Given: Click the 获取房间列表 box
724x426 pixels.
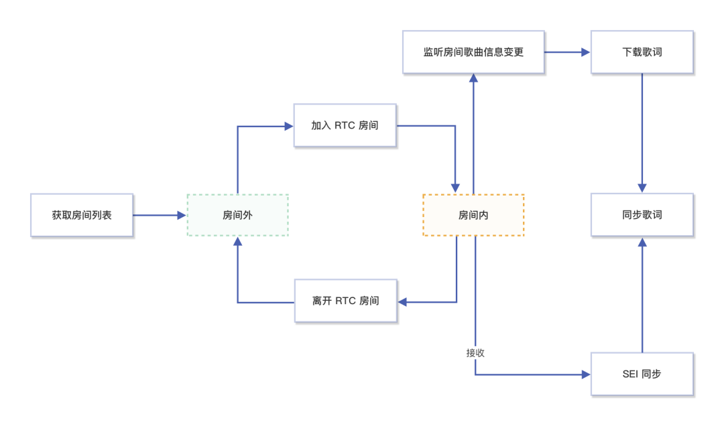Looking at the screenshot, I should (82, 215).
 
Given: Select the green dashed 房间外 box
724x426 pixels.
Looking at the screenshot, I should (237, 215).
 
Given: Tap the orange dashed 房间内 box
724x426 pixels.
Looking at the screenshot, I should (473, 215).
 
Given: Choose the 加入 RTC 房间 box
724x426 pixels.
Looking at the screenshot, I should (345, 125).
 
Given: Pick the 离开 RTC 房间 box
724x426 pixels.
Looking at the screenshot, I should (345, 301).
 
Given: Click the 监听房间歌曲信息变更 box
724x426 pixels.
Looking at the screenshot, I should (473, 52).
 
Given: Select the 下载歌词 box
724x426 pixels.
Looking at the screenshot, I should (642, 52).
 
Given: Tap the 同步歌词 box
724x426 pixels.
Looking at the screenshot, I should (642, 215).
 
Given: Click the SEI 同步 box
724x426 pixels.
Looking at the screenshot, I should (642, 374).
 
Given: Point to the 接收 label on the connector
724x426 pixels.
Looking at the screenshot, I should (475, 352).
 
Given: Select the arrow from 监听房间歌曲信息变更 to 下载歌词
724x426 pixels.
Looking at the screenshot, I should (566, 52).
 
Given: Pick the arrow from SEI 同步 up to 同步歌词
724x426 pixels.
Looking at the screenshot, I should (642, 295).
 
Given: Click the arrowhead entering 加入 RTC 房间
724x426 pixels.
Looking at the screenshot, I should (289, 125).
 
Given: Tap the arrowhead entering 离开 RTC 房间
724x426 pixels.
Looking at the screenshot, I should (402, 302).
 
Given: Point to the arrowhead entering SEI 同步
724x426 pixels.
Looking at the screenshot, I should (586, 374).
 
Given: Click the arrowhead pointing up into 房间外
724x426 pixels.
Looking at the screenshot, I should (237, 241).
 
